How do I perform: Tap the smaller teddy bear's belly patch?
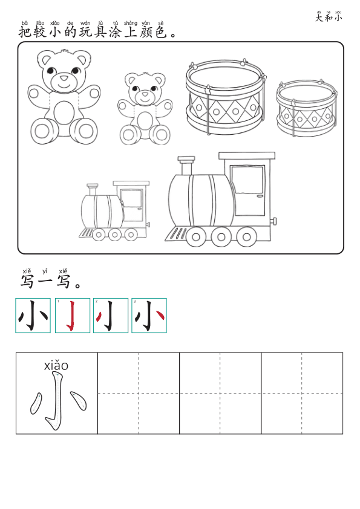pyautogui.click(x=145, y=120)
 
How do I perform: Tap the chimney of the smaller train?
pyautogui.click(x=93, y=189)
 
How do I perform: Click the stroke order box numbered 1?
pyautogui.click(x=72, y=316)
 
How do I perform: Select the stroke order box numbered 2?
pyautogui.click(x=111, y=316)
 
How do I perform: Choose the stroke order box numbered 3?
pyautogui.click(x=149, y=316)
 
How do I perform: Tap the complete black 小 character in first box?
pyautogui.click(x=33, y=316)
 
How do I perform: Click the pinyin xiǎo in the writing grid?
pyautogui.click(x=56, y=366)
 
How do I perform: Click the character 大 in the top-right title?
pyautogui.click(x=319, y=18)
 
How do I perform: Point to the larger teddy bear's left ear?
pyautogui.click(x=45, y=59)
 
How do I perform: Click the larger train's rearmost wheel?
pyautogui.click(x=246, y=236)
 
